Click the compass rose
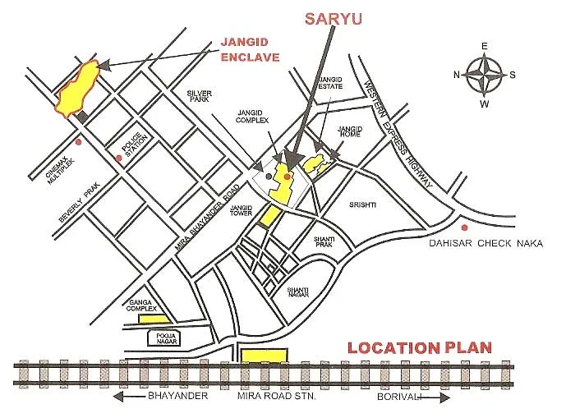pyautogui.click(x=485, y=75)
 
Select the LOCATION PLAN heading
pyautogui.click(x=420, y=347)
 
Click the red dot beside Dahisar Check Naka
pyautogui.click(x=465, y=227)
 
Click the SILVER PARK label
pyautogui.click(x=200, y=97)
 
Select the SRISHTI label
pyautogui.click(x=363, y=204)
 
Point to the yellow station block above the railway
pyautogui.click(x=265, y=354)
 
